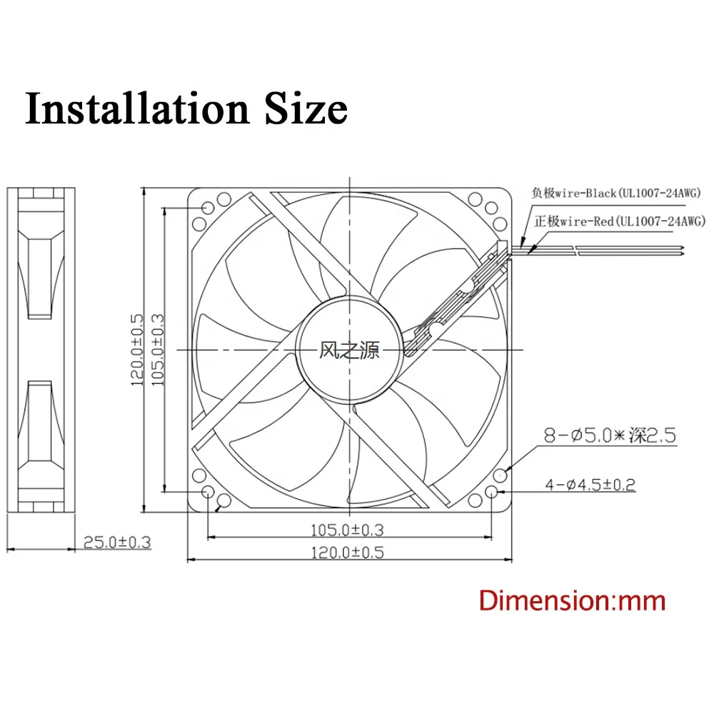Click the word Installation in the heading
(x=132, y=109)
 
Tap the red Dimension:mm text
(x=572, y=600)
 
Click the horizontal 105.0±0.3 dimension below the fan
(x=348, y=529)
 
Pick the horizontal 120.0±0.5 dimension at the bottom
(x=348, y=552)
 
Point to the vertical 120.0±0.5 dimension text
(x=137, y=350)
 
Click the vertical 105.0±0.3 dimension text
(x=159, y=350)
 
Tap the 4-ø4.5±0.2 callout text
(x=590, y=486)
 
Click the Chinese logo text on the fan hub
(x=349, y=350)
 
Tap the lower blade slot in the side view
(x=40, y=421)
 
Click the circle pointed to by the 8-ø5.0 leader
(x=506, y=474)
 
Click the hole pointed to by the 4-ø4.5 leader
(x=493, y=493)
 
